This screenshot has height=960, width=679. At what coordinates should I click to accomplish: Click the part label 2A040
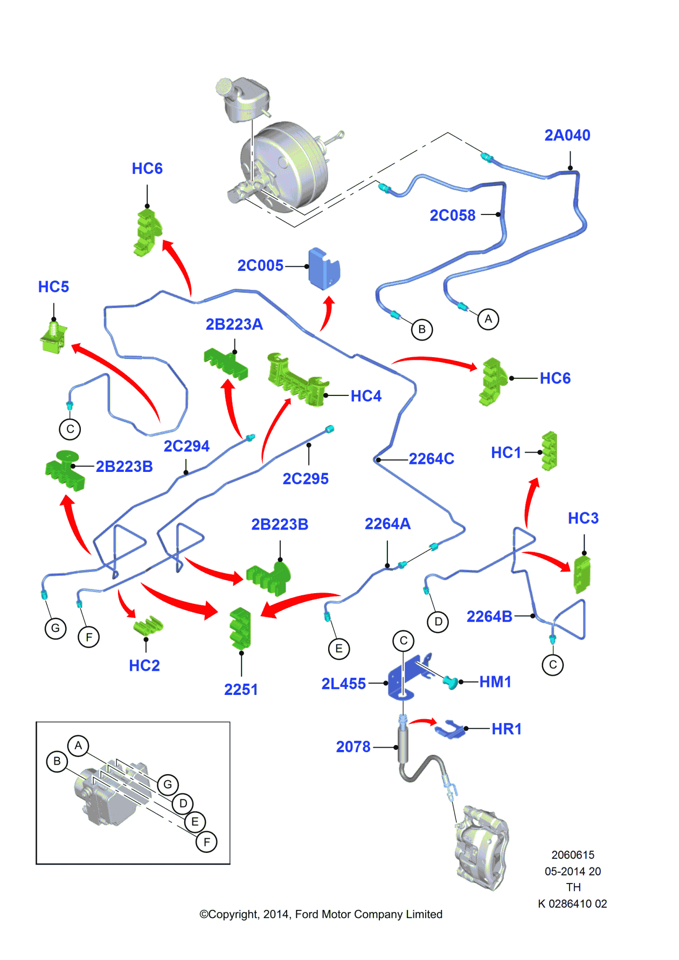point(567,135)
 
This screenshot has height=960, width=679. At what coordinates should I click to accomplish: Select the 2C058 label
point(452,215)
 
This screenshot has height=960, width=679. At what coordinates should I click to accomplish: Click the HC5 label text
point(53,287)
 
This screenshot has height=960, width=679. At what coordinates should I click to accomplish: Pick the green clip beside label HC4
point(296,379)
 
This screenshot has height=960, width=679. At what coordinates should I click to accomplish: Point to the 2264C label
point(431,459)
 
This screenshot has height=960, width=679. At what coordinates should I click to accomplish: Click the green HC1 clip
point(549,451)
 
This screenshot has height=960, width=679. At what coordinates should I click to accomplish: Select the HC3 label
point(583,518)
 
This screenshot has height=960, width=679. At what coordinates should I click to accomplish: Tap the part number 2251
point(241,690)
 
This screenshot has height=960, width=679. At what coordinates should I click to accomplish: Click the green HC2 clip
point(148,625)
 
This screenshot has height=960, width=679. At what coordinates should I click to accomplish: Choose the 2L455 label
point(343,684)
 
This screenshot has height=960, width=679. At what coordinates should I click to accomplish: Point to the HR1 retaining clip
point(449,729)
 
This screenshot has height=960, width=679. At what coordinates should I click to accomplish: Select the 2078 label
point(353,747)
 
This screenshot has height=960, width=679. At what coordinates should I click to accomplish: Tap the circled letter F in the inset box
point(206,841)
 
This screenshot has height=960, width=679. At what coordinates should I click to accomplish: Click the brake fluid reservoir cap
point(224,86)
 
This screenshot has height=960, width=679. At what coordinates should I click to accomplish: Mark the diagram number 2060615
point(573,855)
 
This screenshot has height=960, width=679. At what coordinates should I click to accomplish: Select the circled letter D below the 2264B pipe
point(438,622)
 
